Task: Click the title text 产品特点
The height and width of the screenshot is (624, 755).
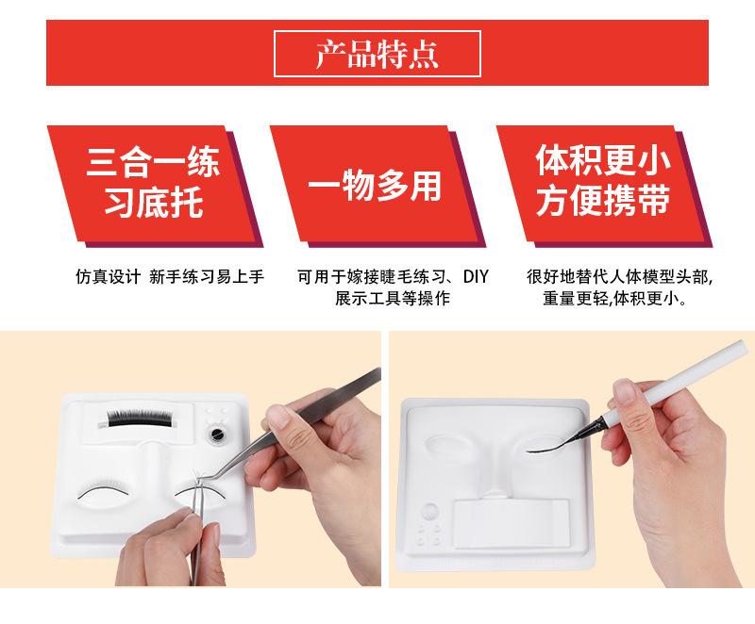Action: tap(377, 54)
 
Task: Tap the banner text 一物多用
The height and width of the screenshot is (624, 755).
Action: tap(375, 187)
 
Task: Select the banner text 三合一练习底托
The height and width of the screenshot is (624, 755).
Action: tap(154, 182)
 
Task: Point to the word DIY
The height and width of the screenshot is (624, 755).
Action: tap(476, 277)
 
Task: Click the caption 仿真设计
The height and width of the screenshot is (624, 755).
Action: tap(108, 277)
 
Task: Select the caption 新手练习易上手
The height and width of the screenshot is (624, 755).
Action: tap(207, 277)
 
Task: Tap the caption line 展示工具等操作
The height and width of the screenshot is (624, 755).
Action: tap(393, 298)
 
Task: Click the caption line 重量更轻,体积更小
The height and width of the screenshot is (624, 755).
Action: tap(615, 299)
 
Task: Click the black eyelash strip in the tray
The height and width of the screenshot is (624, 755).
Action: tap(139, 418)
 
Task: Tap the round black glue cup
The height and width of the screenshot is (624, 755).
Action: tap(217, 435)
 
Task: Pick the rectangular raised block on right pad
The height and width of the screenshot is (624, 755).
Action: tap(512, 523)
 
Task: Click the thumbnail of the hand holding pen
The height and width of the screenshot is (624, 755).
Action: tap(625, 391)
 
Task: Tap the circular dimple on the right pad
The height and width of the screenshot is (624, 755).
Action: tap(429, 511)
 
